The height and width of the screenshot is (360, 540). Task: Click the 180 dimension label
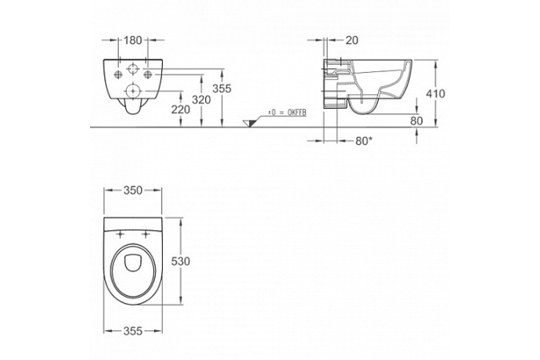click(133, 40)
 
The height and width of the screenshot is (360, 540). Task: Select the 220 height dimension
click(180, 110)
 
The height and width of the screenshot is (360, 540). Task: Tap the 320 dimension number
click(201, 99)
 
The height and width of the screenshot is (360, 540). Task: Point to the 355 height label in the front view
click(221, 89)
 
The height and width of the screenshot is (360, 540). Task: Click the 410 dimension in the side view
click(436, 94)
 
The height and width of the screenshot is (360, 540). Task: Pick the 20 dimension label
click(352, 40)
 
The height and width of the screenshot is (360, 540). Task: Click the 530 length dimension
click(180, 261)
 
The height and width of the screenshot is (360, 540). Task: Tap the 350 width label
click(133, 190)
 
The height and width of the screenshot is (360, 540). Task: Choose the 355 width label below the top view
click(133, 331)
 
